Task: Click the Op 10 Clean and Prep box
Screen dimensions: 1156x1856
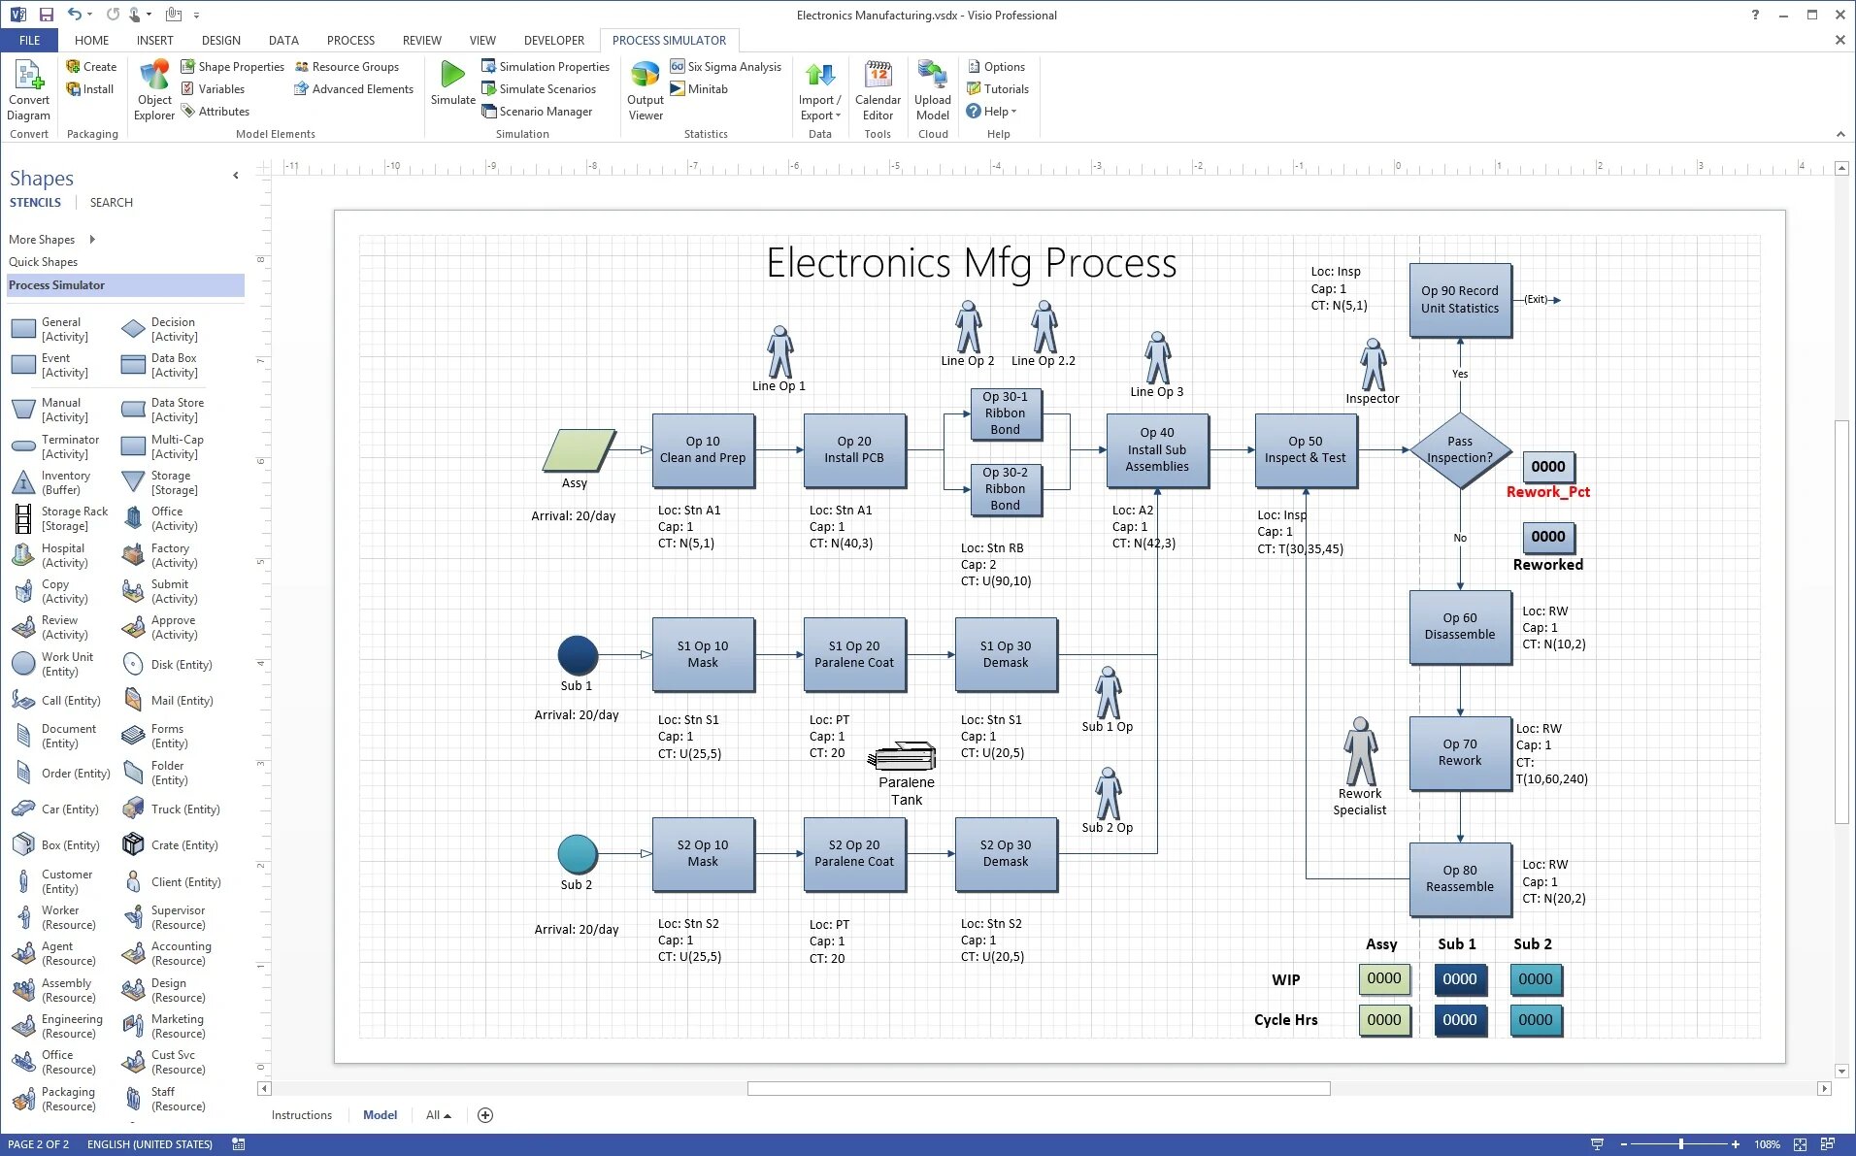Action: (703, 450)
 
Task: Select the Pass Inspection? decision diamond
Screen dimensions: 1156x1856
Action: (1459, 450)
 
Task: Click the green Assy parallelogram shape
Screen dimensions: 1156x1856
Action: (579, 450)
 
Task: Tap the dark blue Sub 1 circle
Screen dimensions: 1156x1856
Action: (578, 655)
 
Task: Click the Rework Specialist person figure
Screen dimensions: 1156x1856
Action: (1360, 751)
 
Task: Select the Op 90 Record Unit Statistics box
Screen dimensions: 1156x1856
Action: (1459, 300)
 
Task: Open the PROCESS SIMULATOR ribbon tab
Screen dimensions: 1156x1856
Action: (669, 40)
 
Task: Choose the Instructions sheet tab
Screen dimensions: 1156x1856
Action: (301, 1115)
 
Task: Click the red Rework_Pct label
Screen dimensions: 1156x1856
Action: (1547, 492)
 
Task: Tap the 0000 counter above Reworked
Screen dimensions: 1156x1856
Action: (1547, 537)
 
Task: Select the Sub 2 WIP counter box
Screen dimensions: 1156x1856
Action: (1535, 979)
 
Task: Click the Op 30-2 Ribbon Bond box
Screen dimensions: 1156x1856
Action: (1005, 489)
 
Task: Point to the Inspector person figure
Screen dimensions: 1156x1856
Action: (1373, 365)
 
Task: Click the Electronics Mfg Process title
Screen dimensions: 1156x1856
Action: (971, 263)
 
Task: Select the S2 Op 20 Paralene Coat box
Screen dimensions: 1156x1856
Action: (854, 853)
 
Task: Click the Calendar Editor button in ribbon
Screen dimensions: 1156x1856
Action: (878, 89)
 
